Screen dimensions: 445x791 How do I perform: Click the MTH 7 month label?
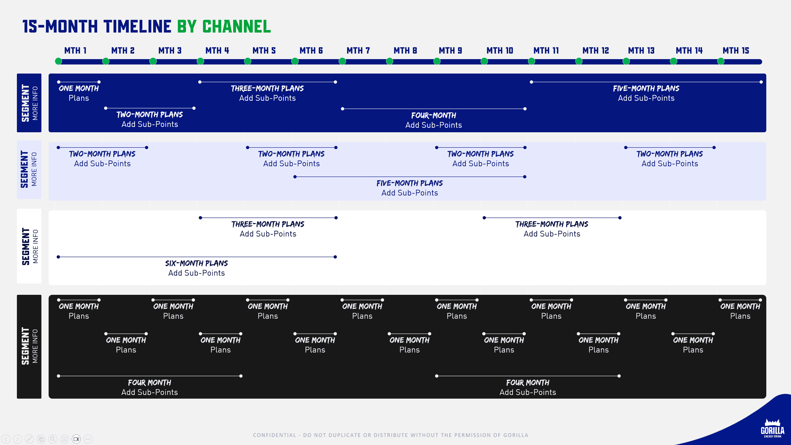coord(358,50)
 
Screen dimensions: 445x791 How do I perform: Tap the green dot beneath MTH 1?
coord(58,61)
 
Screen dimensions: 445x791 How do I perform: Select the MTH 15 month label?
coord(736,50)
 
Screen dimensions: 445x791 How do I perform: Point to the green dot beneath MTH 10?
coord(484,61)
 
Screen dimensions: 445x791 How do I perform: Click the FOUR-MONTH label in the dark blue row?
coord(434,115)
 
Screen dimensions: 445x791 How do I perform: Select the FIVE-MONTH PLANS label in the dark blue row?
coord(646,88)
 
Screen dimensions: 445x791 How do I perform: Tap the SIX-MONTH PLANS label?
coord(197,263)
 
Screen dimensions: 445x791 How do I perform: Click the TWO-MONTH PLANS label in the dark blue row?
coord(150,115)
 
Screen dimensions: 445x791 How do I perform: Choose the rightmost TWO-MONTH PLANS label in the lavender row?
coord(670,154)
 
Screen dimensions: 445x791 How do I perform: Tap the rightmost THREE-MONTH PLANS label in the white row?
coord(552,224)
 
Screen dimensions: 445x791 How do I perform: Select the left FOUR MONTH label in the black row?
coord(150,383)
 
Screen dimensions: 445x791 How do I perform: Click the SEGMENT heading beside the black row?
coord(26,346)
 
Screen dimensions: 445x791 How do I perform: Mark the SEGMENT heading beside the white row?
coord(26,246)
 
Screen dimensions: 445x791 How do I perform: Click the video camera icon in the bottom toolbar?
coord(76,439)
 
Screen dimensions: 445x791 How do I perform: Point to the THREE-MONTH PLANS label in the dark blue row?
coord(267,88)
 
